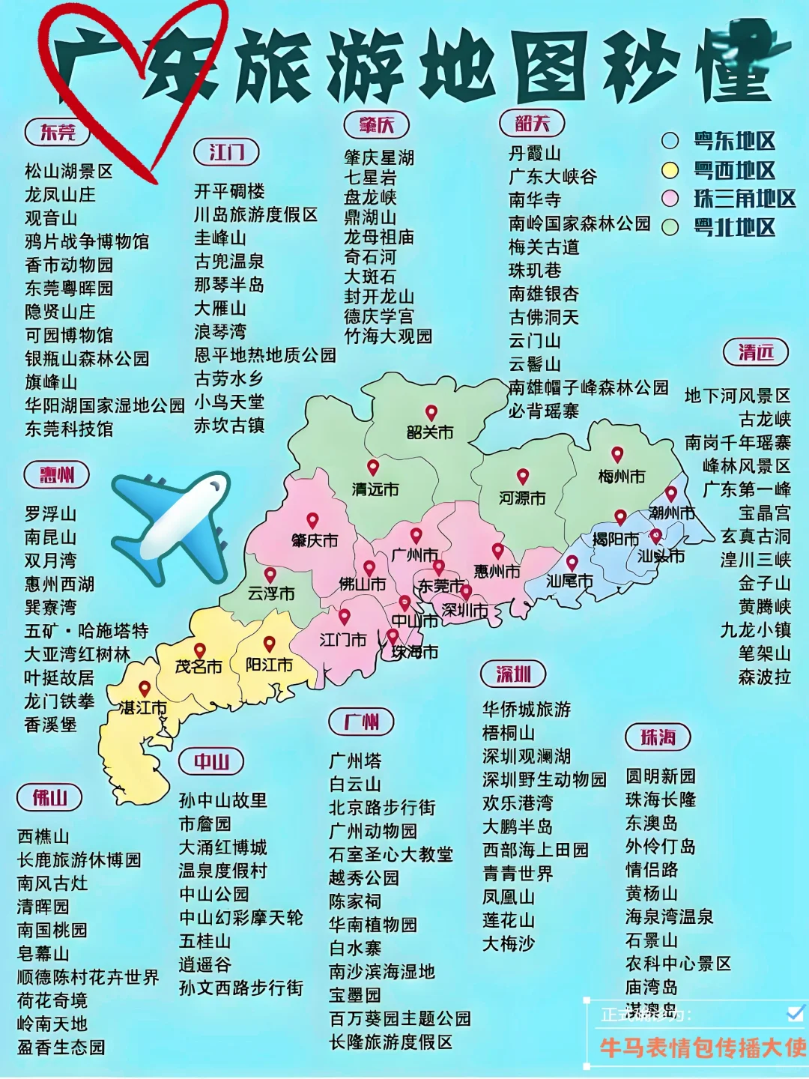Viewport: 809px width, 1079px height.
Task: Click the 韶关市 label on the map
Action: [x=430, y=432]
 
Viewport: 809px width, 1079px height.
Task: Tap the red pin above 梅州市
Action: [x=617, y=454]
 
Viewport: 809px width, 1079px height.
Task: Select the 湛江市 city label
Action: [x=143, y=707]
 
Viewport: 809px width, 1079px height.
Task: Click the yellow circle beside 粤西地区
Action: [x=670, y=170]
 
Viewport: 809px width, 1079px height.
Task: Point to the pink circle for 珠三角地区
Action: [x=670, y=199]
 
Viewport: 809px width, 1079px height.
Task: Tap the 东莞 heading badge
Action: [x=58, y=133]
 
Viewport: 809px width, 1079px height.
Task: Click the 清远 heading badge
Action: [x=756, y=352]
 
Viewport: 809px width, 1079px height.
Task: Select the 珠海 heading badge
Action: [x=658, y=737]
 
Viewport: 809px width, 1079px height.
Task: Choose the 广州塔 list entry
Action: [x=355, y=761]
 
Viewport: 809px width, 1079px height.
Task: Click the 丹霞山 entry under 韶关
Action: [x=535, y=154]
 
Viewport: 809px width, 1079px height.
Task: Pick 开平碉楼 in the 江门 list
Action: [x=229, y=191]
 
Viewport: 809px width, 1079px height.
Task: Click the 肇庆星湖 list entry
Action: [x=379, y=157]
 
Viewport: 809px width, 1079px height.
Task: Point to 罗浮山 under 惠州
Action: [x=50, y=514]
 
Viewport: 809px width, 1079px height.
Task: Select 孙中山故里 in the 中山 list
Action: [x=222, y=800]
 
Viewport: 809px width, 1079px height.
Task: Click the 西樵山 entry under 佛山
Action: [x=43, y=836]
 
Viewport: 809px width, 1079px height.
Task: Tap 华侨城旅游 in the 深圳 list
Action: [x=527, y=709]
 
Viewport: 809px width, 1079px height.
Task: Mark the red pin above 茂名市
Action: [x=199, y=650]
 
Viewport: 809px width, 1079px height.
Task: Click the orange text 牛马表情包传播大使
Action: [x=702, y=1048]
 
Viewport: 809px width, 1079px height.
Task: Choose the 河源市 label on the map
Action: [x=522, y=498]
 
